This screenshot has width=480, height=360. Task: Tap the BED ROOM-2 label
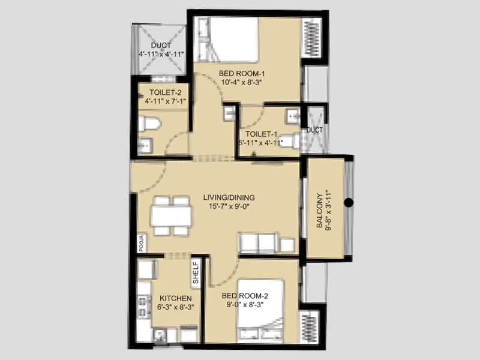pos(245,295)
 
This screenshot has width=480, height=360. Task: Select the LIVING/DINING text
pos(229,197)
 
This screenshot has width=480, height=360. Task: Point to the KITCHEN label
pos(175,298)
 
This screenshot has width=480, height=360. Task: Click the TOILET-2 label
pos(161,92)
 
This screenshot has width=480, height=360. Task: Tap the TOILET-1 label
pos(260,133)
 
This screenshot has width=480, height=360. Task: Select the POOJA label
pos(142,242)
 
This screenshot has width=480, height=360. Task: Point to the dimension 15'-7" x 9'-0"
pos(229,207)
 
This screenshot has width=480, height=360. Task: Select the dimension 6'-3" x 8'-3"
pos(175,307)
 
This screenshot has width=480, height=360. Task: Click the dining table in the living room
pos(171,215)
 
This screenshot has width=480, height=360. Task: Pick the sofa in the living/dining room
pos(260,243)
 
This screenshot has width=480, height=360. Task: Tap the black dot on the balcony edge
pos(349,203)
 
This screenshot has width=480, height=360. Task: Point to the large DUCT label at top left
pos(161,46)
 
